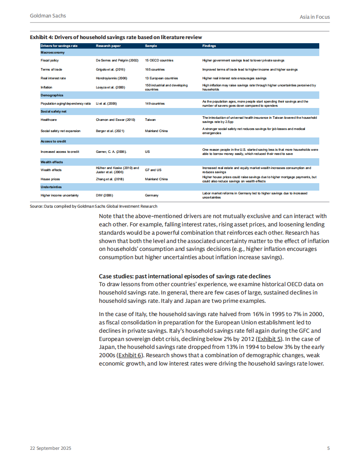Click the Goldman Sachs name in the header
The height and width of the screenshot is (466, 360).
pos(48,16)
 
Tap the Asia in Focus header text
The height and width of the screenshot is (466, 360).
pos(315,17)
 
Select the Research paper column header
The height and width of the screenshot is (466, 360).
pos(109,46)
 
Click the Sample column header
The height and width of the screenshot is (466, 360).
pos(151,46)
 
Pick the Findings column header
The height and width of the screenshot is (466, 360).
pos(209,46)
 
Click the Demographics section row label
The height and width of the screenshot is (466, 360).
pos(52,95)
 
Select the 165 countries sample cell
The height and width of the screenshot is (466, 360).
pos(155,69)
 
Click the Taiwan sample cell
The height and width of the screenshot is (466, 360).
pos(150,120)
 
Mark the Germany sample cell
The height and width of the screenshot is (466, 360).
pos(152,195)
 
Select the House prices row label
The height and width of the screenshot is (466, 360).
pos(51,179)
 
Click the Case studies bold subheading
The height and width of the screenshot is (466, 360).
pos(185,276)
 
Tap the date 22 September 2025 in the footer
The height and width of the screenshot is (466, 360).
pos(50,449)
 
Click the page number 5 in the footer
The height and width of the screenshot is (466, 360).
pos(328,449)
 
